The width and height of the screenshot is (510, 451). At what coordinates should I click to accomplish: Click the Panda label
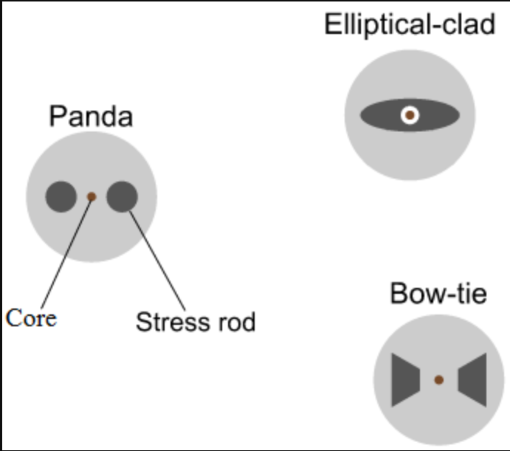click(x=91, y=116)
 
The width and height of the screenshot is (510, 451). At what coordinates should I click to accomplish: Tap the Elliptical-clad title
click(x=410, y=24)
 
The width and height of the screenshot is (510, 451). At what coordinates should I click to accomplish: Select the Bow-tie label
click(x=438, y=294)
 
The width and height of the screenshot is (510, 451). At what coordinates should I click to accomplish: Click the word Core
click(x=31, y=318)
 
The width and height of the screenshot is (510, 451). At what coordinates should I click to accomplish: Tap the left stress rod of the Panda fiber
click(x=61, y=197)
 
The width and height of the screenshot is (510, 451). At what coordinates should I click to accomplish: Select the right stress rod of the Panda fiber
click(x=123, y=197)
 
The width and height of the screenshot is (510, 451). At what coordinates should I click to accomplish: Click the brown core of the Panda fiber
click(x=92, y=196)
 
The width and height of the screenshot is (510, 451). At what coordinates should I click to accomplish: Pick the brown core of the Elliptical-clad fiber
click(x=410, y=115)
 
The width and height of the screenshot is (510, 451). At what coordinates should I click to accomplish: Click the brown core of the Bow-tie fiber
click(x=438, y=379)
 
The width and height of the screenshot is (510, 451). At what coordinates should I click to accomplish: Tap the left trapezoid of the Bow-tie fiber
click(x=406, y=379)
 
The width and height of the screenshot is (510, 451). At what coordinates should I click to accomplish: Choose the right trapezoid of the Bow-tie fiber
click(x=472, y=379)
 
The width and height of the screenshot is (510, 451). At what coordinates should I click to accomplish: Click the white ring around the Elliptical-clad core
click(x=410, y=108)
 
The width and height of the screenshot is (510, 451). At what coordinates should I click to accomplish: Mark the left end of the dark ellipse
click(x=360, y=115)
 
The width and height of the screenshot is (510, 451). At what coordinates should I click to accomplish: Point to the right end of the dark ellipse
click(x=460, y=115)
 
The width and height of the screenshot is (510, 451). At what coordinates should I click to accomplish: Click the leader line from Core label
click(x=66, y=252)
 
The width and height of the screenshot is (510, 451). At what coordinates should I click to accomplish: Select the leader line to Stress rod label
click(x=157, y=261)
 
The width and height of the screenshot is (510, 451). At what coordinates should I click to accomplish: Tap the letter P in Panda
click(x=57, y=116)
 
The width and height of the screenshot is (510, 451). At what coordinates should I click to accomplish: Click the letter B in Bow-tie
click(x=398, y=294)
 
